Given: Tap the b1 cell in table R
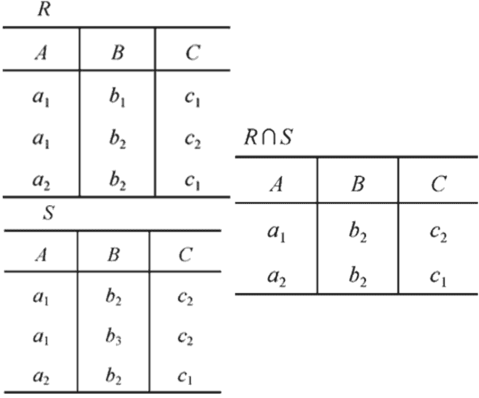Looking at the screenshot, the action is point(116,99).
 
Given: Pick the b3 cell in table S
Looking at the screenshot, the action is point(113,338).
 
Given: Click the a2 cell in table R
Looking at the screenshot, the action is point(41,182).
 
